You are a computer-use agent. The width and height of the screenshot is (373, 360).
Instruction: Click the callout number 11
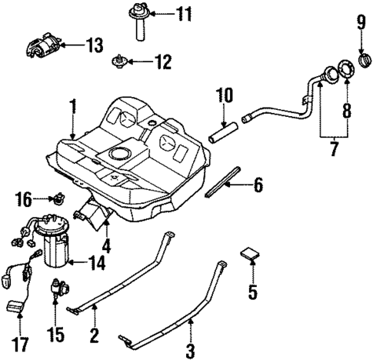tap(182, 14)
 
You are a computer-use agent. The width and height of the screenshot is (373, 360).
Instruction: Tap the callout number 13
tap(93, 46)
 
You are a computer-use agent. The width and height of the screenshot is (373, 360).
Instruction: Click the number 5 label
tap(251, 292)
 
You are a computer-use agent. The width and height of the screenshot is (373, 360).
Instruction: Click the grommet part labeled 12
tap(119, 61)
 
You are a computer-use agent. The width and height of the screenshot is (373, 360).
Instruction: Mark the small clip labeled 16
tap(56, 199)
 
